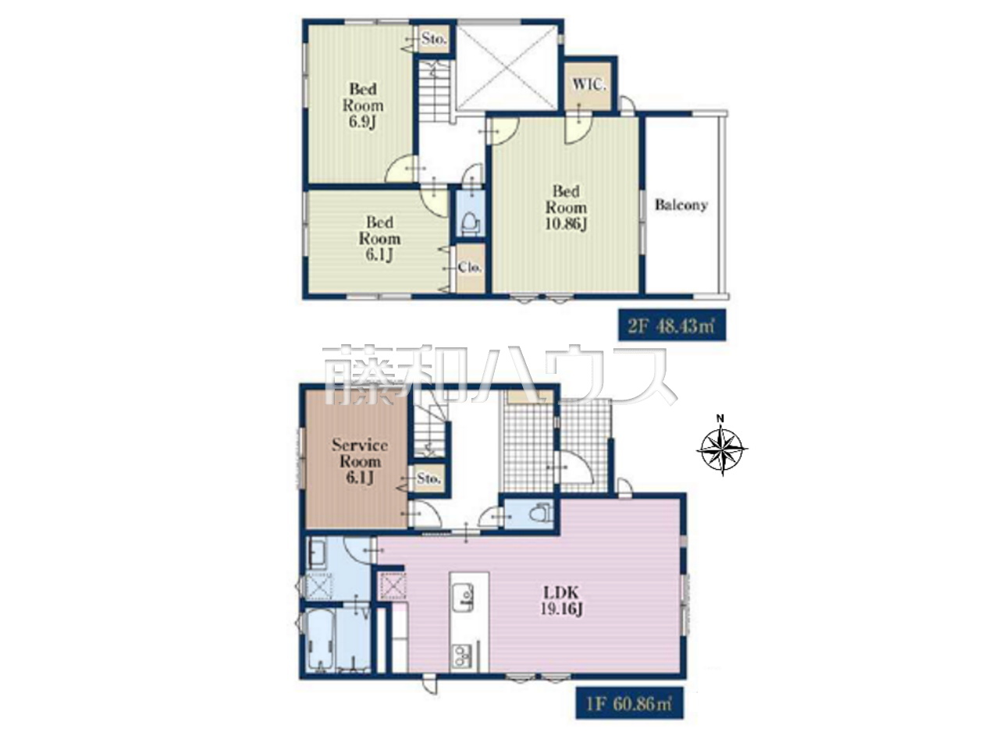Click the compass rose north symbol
[x=721, y=448]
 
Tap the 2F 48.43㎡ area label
[x=671, y=326]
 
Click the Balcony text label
[x=681, y=205]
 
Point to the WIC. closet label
[x=589, y=85]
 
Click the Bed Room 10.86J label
[x=566, y=208]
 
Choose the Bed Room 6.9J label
[x=363, y=105]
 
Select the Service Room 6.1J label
[x=360, y=461]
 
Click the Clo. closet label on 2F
[x=470, y=268]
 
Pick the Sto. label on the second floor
[x=433, y=39]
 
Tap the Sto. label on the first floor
[x=428, y=478]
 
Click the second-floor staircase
[x=435, y=94]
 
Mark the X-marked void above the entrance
[x=507, y=66]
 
